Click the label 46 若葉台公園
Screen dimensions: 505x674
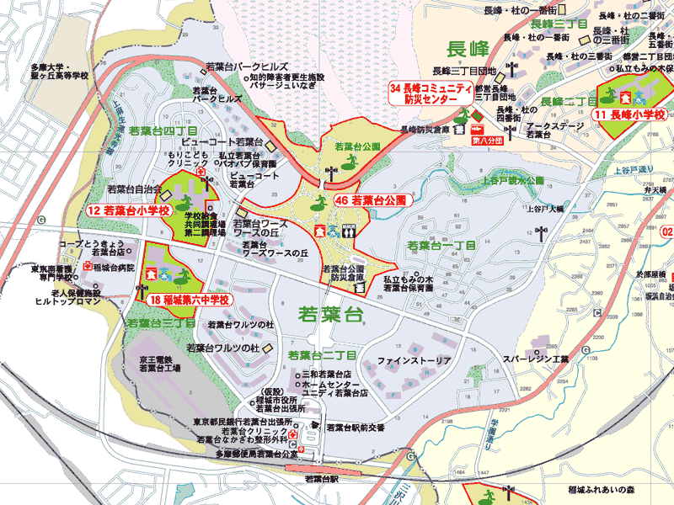click(x=371, y=201)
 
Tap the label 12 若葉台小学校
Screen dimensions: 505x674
click(x=129, y=209)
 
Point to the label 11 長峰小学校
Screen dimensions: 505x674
click(x=629, y=114)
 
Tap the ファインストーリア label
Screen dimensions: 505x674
click(x=415, y=361)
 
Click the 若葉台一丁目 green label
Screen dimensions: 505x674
click(x=441, y=246)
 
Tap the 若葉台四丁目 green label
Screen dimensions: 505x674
click(x=163, y=132)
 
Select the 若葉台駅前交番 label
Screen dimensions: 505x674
click(x=356, y=428)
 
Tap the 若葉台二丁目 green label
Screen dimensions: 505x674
click(x=323, y=355)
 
